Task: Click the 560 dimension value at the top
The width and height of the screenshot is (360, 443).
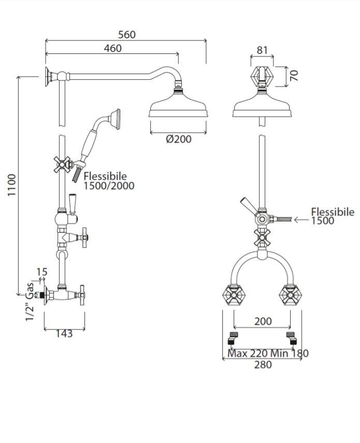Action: point(127,35)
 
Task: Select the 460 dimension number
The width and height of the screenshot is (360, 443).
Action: point(112,48)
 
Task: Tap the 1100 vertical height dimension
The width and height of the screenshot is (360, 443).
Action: point(11,185)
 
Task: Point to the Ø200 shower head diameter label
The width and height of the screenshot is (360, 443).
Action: point(179,139)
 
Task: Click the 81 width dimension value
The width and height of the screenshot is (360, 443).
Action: point(262,50)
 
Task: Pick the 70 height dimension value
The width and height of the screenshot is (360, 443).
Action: point(294,76)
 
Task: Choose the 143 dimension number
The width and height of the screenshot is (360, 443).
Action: point(64,334)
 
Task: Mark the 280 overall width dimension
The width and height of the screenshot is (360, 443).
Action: point(263,364)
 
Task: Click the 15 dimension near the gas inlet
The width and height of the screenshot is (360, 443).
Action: point(42,272)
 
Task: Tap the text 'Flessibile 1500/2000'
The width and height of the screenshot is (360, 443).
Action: point(109,181)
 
